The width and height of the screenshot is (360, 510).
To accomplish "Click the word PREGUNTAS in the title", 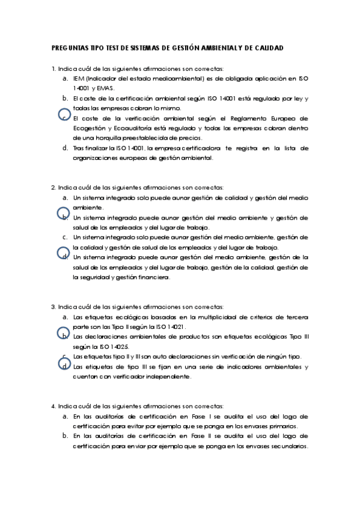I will tap(69, 48).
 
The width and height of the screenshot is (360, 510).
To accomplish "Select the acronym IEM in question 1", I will tap(78, 79).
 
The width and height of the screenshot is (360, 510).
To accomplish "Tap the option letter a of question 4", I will tap(64, 416).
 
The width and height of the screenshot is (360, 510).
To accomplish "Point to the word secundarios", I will tap(285, 446).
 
